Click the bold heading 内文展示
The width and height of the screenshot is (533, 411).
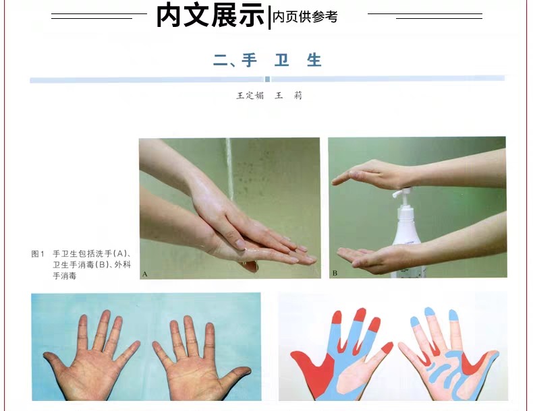pyautogui.click(x=211, y=15)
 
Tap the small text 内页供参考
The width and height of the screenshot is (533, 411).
pyautogui.click(x=305, y=18)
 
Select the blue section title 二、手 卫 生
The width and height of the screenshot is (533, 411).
pyautogui.click(x=268, y=60)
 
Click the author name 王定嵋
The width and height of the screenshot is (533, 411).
pyautogui.click(x=250, y=96)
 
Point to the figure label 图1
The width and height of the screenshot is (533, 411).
pyautogui.click(x=38, y=254)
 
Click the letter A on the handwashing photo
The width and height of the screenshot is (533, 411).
pyautogui.click(x=145, y=273)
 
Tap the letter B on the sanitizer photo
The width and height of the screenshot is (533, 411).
pyautogui.click(x=335, y=273)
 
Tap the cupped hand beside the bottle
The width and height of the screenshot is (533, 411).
pyautogui.click(x=368, y=257)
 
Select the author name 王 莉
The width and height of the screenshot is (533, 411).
pyautogui.click(x=288, y=96)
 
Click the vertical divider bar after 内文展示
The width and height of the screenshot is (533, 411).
pyautogui.click(x=270, y=18)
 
